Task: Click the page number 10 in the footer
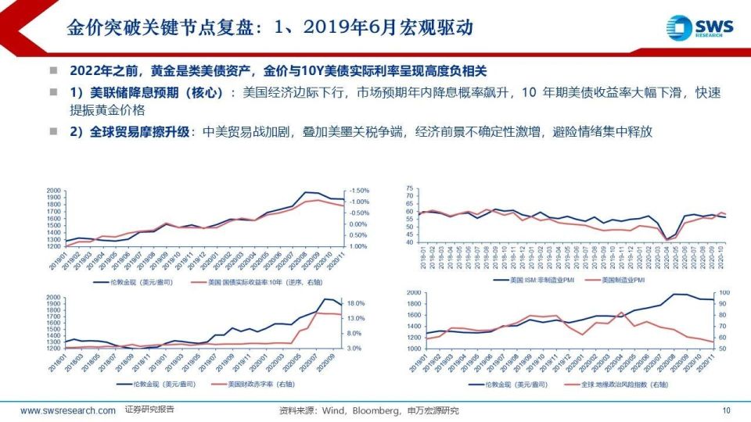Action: (726, 410)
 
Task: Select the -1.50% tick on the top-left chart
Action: (359, 191)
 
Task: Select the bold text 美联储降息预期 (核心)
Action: (149, 92)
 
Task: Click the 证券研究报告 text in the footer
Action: (149, 409)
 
